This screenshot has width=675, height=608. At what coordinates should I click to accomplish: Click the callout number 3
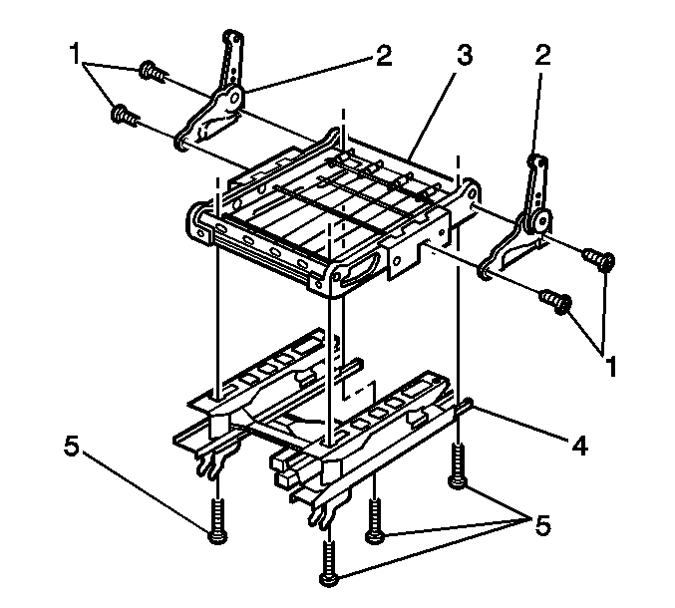click(x=465, y=56)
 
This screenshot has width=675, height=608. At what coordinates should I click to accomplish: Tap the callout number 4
click(x=579, y=446)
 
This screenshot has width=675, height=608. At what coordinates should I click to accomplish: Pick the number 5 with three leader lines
click(x=542, y=525)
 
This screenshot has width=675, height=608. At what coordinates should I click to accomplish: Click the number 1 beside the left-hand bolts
click(x=75, y=55)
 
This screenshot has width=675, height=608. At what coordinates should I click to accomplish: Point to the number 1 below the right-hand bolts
click(x=610, y=366)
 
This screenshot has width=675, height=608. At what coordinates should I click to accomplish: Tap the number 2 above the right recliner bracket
click(x=542, y=56)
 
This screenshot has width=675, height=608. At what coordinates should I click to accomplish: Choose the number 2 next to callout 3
click(x=384, y=56)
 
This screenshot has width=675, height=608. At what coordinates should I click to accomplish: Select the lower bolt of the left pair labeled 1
click(x=125, y=115)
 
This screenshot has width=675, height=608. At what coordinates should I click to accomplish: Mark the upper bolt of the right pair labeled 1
click(x=599, y=260)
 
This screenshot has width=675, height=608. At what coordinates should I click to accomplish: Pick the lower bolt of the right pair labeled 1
click(x=556, y=300)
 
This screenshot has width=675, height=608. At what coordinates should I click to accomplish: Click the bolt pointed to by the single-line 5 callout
click(x=217, y=519)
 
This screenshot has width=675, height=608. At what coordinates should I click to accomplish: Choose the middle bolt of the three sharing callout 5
click(x=375, y=520)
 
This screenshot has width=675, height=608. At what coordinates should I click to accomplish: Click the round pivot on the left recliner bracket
click(x=234, y=99)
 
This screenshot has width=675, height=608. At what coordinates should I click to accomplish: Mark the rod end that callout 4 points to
click(x=468, y=405)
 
